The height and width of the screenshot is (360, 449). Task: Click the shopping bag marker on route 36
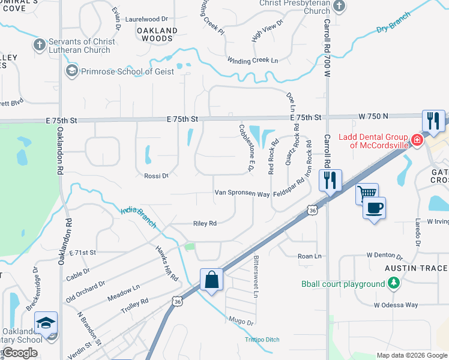click(211, 280)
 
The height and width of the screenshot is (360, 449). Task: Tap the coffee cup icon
click(374, 208)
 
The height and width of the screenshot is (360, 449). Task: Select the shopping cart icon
click(367, 194)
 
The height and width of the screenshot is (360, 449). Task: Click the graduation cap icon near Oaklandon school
click(46, 323)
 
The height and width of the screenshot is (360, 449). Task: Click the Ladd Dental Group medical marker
click(417, 141)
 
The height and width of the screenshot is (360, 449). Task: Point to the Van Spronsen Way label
click(243, 193)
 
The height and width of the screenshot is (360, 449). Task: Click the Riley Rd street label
click(205, 223)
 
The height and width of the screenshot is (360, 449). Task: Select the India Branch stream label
click(139, 217)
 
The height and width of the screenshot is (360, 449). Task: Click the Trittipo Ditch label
click(262, 340)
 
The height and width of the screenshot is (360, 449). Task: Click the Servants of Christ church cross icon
click(40, 44)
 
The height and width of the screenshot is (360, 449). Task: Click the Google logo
click(19, 353)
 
